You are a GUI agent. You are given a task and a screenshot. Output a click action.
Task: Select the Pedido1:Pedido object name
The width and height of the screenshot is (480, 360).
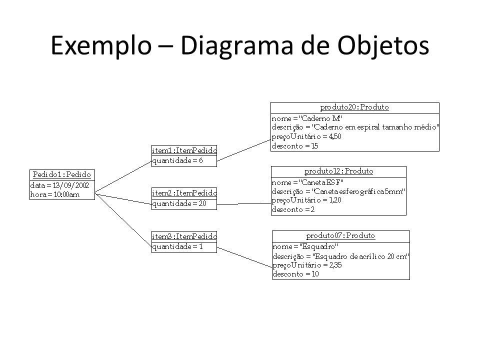click(62, 174)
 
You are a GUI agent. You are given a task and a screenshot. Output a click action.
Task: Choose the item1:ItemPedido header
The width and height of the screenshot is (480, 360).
click(184, 150)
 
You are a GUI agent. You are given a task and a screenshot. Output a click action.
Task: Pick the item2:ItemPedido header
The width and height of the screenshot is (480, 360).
click(184, 193)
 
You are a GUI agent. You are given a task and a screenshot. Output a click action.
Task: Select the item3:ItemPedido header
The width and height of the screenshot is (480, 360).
click(184, 236)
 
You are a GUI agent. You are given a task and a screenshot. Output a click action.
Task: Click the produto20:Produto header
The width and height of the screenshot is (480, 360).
click(354, 107)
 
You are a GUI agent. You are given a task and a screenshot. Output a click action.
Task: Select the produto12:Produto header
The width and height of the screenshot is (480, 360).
click(338, 171)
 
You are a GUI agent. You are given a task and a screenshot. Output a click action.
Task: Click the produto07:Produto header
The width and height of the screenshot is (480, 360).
click(340, 235)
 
